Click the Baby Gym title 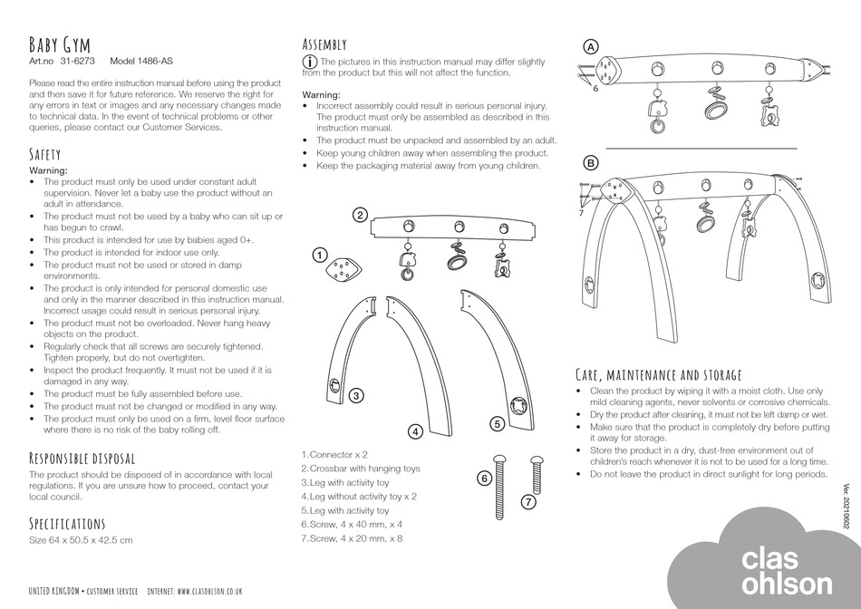point(60,44)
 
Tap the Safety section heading point(45,155)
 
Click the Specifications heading point(67,524)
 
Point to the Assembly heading point(324,43)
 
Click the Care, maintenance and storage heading point(659,374)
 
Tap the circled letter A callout point(591,46)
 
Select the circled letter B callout point(591,163)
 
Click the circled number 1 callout point(320,255)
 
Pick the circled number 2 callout point(360,215)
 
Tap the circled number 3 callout point(357,395)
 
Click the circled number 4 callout point(414,431)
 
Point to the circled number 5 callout point(497,423)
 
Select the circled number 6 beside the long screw point(484,478)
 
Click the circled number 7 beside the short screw point(529,500)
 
